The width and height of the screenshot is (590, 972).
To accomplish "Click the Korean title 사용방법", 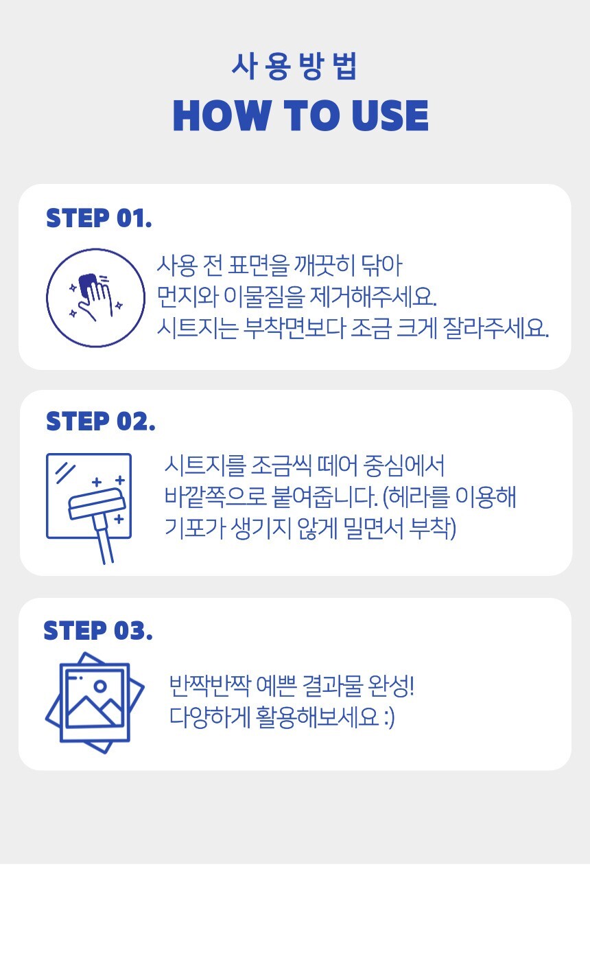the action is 294,67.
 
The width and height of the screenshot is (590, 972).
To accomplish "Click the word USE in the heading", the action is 390,115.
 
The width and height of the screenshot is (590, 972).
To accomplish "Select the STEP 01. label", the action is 99,218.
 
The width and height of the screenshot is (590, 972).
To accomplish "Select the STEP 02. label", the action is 101,421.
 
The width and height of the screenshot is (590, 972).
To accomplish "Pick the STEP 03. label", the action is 98,631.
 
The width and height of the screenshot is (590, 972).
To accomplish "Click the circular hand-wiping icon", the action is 95,298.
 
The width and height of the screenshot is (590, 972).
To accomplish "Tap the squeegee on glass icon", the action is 89,508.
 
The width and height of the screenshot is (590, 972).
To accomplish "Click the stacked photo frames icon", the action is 95,702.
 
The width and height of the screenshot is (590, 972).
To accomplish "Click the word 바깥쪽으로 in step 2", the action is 215,496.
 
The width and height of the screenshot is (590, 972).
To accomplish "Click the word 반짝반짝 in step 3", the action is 210,686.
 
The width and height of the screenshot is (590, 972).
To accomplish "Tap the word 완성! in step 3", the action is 390,686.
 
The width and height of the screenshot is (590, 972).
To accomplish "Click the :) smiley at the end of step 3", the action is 389,717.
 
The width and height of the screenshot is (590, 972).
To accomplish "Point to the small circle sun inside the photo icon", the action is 100,686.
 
